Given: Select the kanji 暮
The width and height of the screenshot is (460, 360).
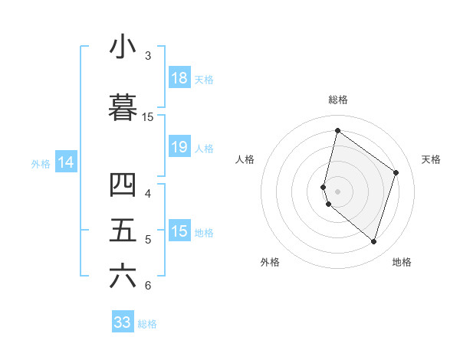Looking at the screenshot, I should [x=123, y=107].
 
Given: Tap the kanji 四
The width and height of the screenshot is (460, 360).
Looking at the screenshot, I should [x=123, y=185].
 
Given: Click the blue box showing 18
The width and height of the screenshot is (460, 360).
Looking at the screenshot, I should [x=179, y=78].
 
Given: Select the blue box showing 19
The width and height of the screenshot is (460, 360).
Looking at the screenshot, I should [x=179, y=148].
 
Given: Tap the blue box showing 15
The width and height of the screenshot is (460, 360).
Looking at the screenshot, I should [x=179, y=231].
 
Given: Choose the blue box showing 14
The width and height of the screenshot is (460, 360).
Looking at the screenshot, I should [x=66, y=162].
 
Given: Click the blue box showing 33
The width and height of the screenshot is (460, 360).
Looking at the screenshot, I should [x=123, y=322].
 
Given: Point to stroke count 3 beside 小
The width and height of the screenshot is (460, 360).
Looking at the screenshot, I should [x=147, y=56].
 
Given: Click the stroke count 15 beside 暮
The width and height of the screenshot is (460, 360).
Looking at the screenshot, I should [x=148, y=116].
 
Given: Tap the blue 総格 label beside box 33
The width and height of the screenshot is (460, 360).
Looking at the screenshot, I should [x=148, y=324].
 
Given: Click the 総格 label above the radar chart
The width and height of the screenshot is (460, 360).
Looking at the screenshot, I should [x=337, y=100].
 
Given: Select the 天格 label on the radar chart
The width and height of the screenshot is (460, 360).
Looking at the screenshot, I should [x=431, y=159].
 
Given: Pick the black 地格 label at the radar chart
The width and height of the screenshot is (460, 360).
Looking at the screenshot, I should [x=402, y=262].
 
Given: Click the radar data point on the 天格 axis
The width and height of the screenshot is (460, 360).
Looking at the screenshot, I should [x=396, y=172].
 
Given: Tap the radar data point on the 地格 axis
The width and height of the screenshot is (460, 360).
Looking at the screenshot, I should [x=373, y=241].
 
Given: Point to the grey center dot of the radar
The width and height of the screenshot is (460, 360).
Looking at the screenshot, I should [x=337, y=191].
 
